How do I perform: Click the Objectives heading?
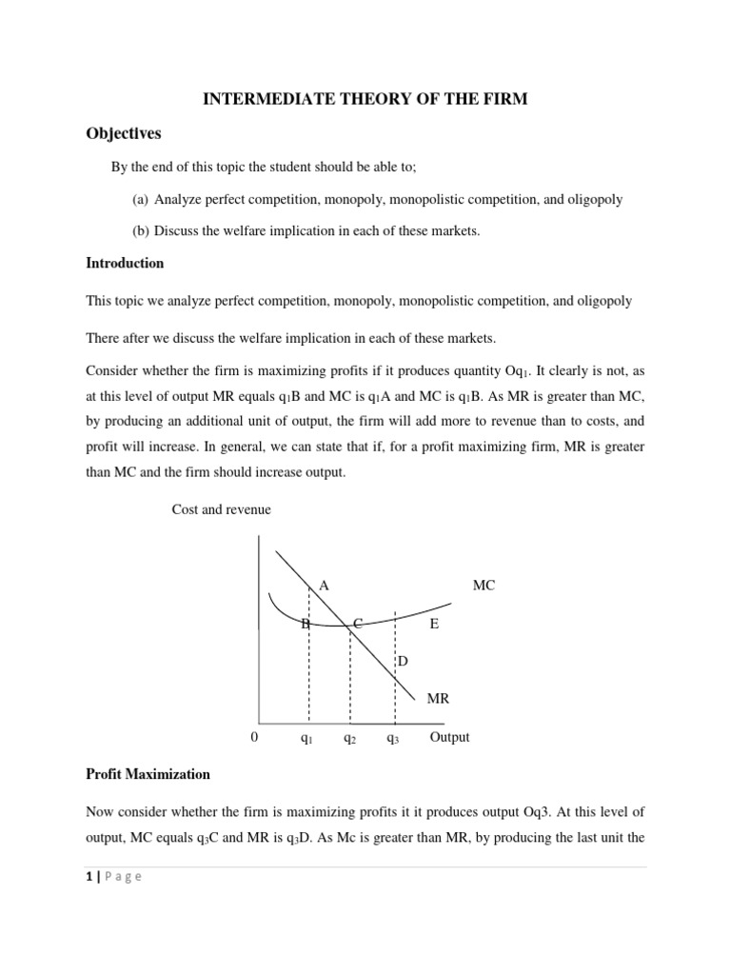pyautogui.click(x=125, y=133)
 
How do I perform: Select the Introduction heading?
pyautogui.click(x=125, y=263)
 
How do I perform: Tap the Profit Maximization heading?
pyautogui.click(x=148, y=774)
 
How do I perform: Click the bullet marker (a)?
pyautogui.click(x=141, y=199)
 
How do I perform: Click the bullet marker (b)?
pyautogui.click(x=141, y=230)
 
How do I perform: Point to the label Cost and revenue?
pyautogui.click(x=221, y=509)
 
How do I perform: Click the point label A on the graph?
pyautogui.click(x=324, y=586)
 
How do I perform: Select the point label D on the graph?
pyautogui.click(x=402, y=661)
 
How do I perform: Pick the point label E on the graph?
pyautogui.click(x=434, y=624)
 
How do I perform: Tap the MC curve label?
pyautogui.click(x=484, y=586)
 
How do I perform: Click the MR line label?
pyautogui.click(x=438, y=698)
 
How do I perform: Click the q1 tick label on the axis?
pyautogui.click(x=306, y=738)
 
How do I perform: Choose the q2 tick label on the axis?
pyautogui.click(x=349, y=738)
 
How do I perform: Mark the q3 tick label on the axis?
pyautogui.click(x=392, y=738)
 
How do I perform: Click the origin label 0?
pyautogui.click(x=254, y=738)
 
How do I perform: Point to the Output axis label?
pyautogui.click(x=449, y=737)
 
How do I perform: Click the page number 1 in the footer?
pyautogui.click(x=89, y=877)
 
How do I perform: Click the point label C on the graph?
pyautogui.click(x=358, y=624)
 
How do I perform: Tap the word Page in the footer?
pyautogui.click(x=122, y=877)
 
